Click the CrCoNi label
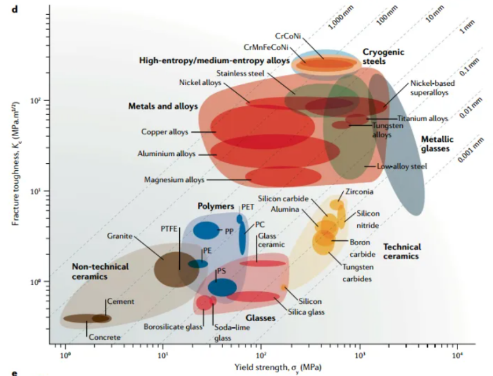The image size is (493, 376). pyautogui.click(x=288, y=36)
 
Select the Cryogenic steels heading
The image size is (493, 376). pyautogui.click(x=383, y=56)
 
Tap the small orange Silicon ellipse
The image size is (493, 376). pyautogui.click(x=284, y=287)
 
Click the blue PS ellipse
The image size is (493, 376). pyautogui.click(x=222, y=287)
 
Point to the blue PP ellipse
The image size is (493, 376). pyautogui.click(x=206, y=231)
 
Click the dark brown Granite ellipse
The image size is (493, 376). pyautogui.click(x=177, y=269)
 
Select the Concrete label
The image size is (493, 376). pyautogui.click(x=104, y=337)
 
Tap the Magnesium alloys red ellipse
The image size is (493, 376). pyautogui.click(x=284, y=177)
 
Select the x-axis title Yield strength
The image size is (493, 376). pyautogui.click(x=278, y=368)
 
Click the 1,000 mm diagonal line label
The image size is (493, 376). pyautogui.click(x=341, y=18)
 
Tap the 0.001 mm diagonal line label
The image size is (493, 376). pyautogui.click(x=470, y=151)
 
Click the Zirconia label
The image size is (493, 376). pyautogui.click(x=360, y=192)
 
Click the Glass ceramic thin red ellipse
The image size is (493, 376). pyautogui.click(x=262, y=263)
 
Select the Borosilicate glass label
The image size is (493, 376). pyautogui.click(x=173, y=327)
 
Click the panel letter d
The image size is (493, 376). pyautogui.click(x=15, y=9)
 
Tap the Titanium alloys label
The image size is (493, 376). pyautogui.click(x=422, y=119)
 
